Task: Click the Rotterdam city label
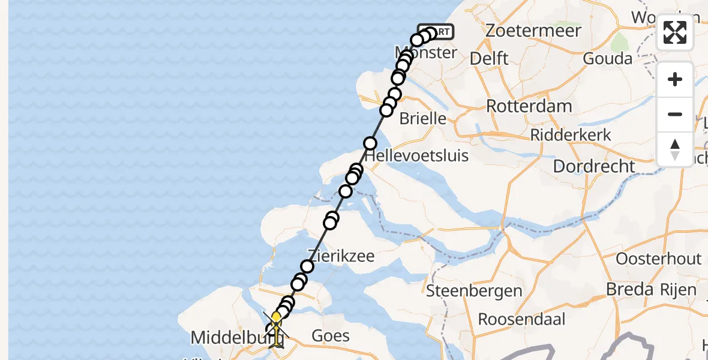[x=529, y=106]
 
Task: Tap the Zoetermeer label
[x=533, y=31]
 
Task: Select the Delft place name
[x=489, y=58]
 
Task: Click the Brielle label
[x=422, y=118]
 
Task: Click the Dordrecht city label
[x=593, y=166]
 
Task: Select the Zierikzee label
[x=341, y=256]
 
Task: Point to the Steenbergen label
[x=474, y=292]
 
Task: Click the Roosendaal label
[x=521, y=319]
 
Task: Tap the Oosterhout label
[x=658, y=259]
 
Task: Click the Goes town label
[x=331, y=335]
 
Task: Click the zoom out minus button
[x=675, y=114]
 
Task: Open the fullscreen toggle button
[x=675, y=32]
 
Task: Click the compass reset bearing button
[x=675, y=149]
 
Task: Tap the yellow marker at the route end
[x=276, y=317]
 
